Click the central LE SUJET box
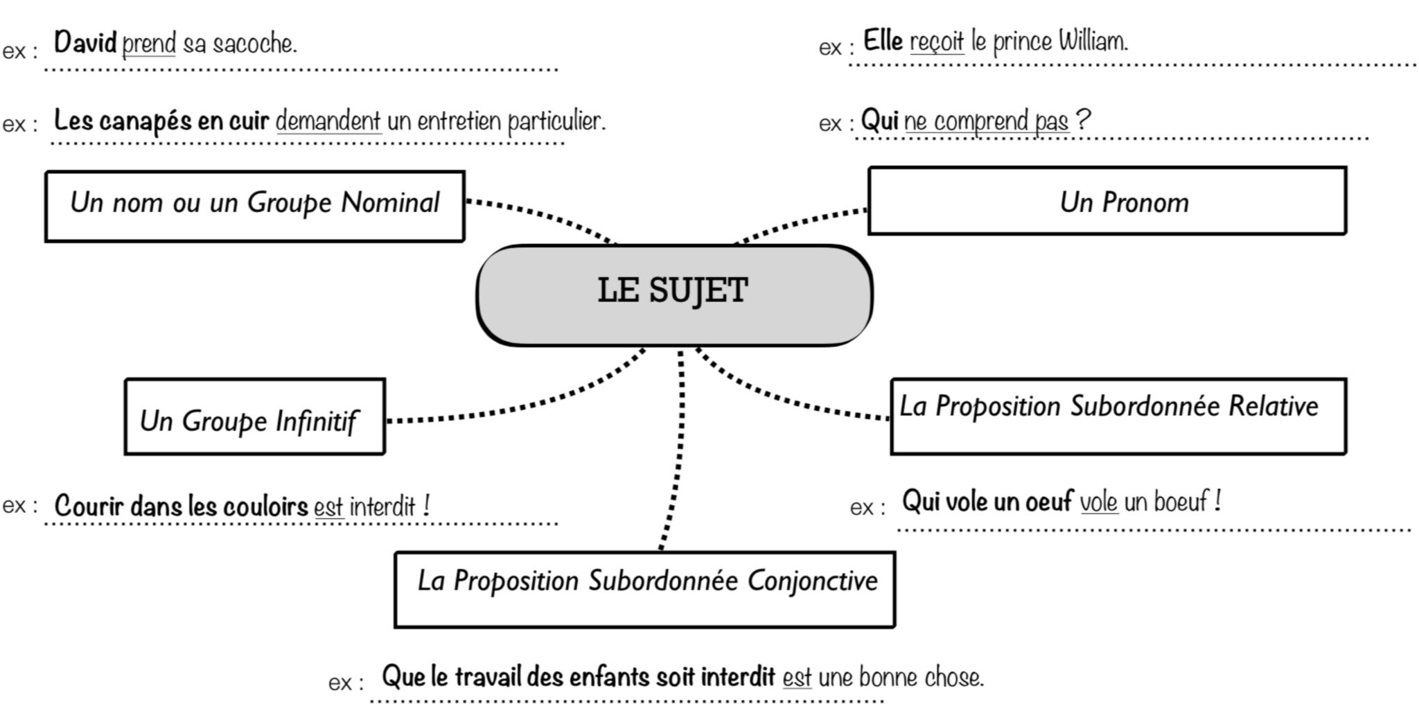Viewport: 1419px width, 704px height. coord(673,294)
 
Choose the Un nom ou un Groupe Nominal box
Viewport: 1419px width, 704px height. coord(254,206)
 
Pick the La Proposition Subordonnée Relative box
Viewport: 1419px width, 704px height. coord(1118,416)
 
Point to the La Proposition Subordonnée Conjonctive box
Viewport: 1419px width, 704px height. coord(644,590)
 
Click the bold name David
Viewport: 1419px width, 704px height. coord(85,43)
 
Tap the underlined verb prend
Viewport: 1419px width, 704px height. coord(149,44)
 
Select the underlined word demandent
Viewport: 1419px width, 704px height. coord(328,122)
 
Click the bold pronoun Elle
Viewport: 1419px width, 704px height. coord(883,42)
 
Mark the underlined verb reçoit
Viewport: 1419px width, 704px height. coord(936,42)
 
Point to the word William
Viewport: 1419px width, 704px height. coord(1093,42)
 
